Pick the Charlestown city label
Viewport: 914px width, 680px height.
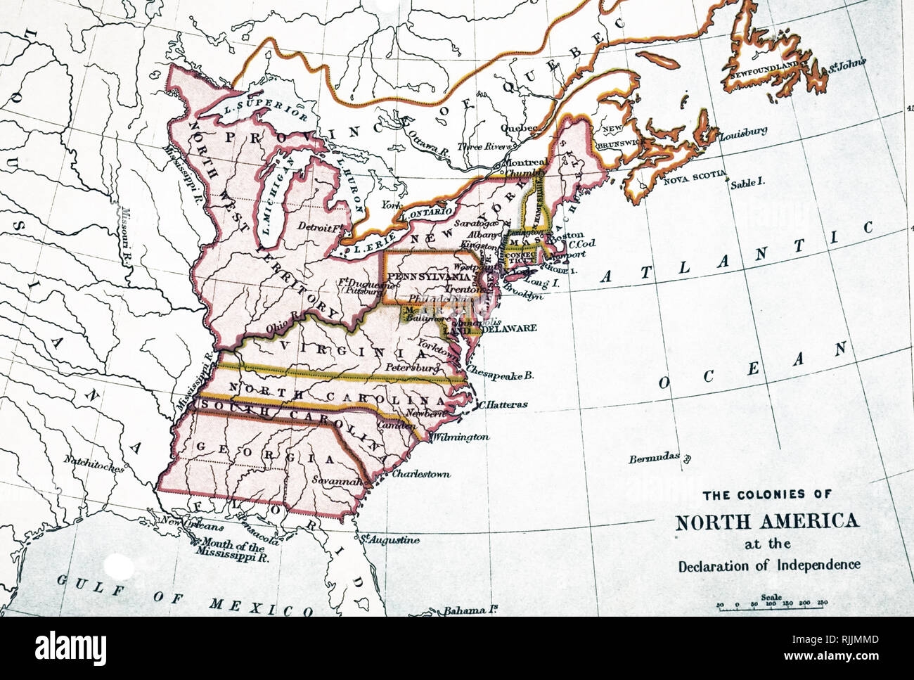[x=420, y=474]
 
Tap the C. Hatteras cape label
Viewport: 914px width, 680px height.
[x=503, y=404]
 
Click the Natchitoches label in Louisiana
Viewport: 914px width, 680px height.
[x=94, y=462]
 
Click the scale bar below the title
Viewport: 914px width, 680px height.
[x=771, y=603]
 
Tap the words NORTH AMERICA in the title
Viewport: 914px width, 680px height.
[x=767, y=522]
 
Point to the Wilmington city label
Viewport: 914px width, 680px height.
[x=461, y=437]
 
